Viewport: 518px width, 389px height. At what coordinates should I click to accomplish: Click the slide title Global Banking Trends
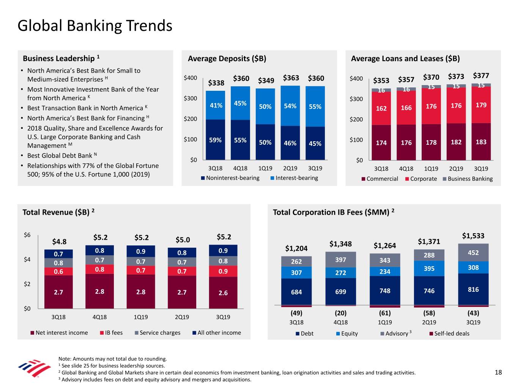tap(95, 26)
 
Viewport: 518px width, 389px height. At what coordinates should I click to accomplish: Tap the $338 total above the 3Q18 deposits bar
tap(216, 83)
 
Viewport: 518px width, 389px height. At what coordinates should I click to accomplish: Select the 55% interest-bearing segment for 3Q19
tap(315, 107)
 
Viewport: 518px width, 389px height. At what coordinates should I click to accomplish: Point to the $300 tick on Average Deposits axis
tap(190, 98)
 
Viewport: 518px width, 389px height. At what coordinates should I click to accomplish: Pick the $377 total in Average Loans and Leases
tap(481, 76)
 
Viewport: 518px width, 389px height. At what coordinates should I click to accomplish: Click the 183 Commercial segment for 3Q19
tap(481, 142)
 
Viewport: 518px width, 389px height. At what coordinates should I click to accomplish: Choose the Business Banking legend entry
tap(468, 179)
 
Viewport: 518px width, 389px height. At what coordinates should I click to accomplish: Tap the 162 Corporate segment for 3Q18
tap(381, 108)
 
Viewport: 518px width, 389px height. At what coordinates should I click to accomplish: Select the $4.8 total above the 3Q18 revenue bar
tap(59, 242)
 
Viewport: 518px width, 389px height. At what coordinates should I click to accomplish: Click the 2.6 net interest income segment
tap(223, 293)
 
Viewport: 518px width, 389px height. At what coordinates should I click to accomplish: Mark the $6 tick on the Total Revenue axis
tap(27, 235)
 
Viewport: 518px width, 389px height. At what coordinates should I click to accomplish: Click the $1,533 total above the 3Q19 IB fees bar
tap(473, 236)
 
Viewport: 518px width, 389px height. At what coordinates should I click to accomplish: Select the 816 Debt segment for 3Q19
tap(473, 289)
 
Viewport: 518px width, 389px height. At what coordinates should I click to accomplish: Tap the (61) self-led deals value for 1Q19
tap(385, 313)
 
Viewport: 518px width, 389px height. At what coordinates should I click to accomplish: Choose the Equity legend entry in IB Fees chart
tap(347, 334)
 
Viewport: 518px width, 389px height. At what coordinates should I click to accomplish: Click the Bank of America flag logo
tap(34, 368)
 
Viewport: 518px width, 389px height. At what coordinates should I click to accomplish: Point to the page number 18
tap(498, 372)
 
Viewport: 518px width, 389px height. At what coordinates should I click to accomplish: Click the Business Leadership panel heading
tap(61, 59)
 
